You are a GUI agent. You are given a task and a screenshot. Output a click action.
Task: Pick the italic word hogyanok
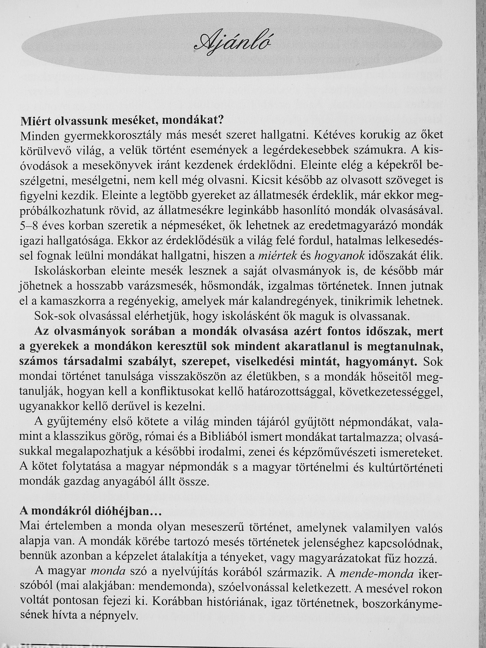click(x=339, y=256)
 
